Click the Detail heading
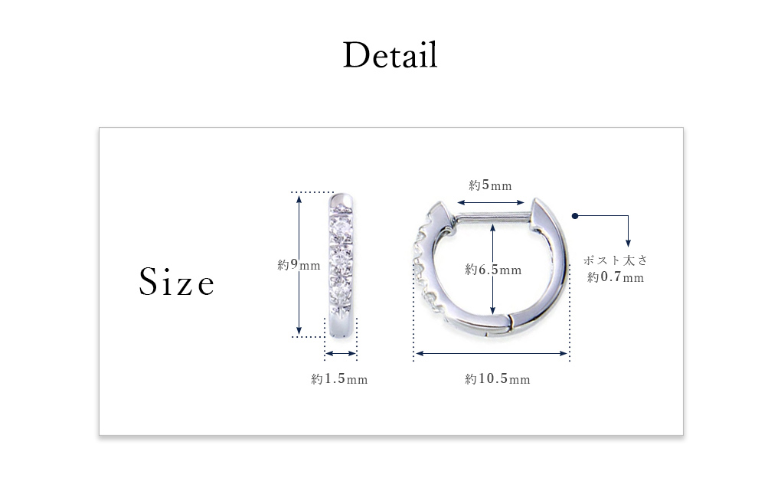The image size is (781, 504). (390, 55)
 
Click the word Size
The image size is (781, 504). (176, 282)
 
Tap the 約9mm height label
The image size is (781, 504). (299, 264)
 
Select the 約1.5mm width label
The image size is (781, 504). (339, 379)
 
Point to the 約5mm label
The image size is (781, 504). (490, 185)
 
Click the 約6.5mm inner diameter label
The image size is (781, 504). (493, 270)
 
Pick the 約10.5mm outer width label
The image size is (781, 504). (497, 379)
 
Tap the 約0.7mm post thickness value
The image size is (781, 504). (616, 277)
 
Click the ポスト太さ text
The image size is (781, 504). (616, 260)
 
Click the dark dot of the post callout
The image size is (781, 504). (575, 216)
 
